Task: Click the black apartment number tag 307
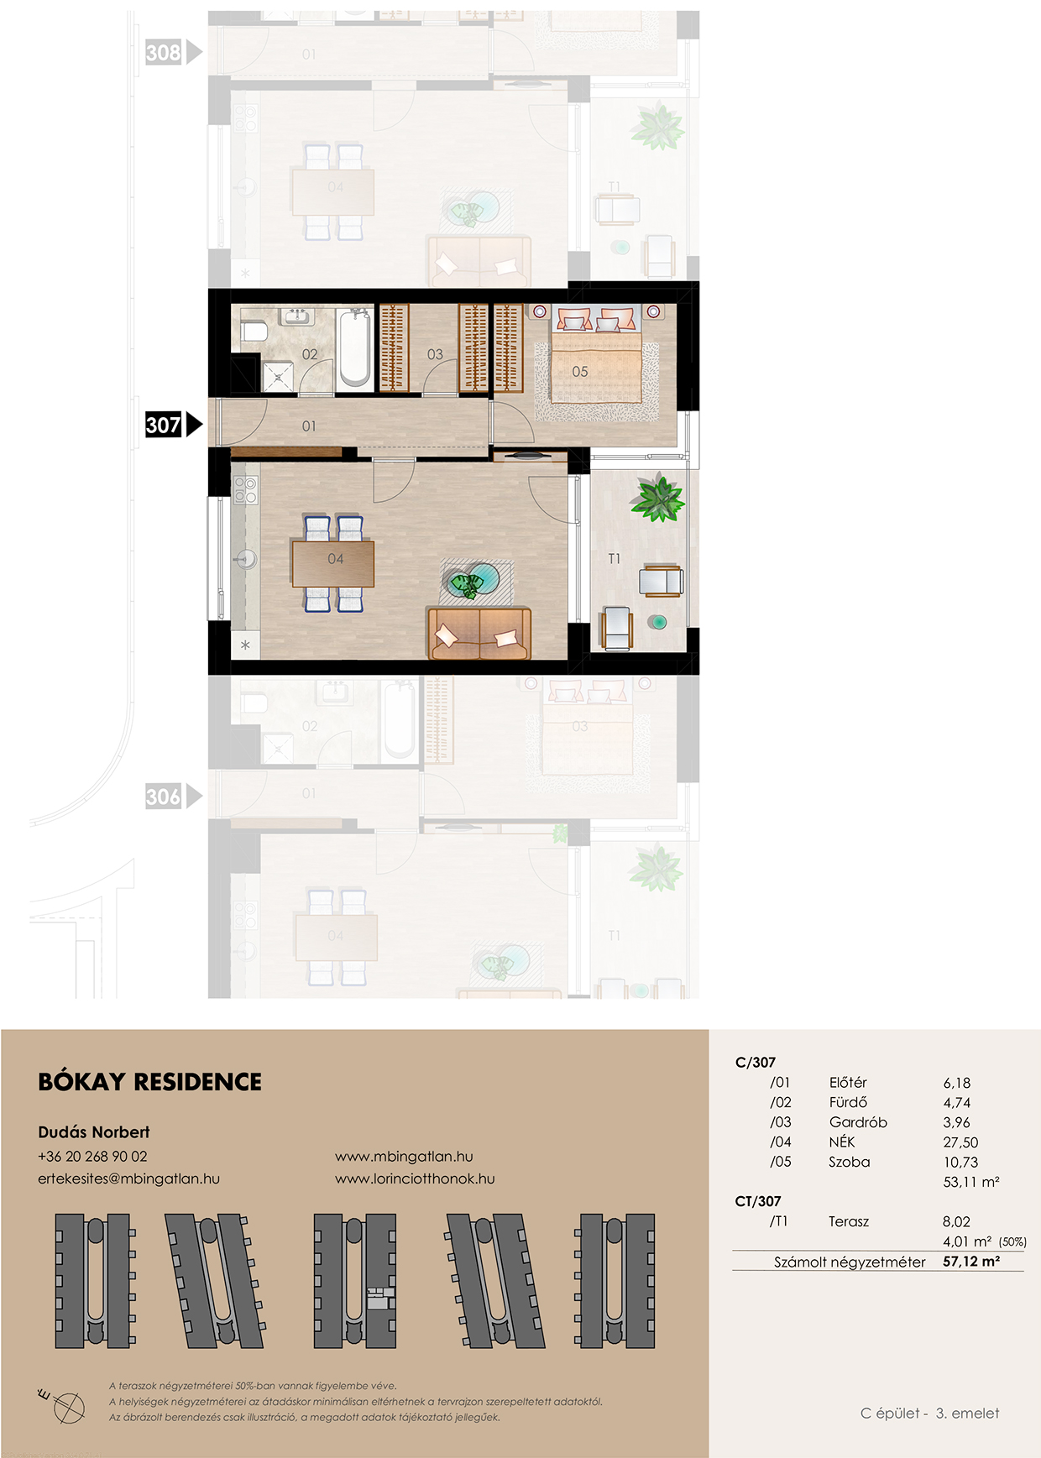pyautogui.click(x=164, y=425)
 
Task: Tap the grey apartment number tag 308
pyautogui.click(x=164, y=53)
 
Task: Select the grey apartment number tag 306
pyautogui.click(x=164, y=797)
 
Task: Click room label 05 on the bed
pyautogui.click(x=580, y=372)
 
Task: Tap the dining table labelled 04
pyautogui.click(x=333, y=563)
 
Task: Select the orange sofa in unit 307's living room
pyautogui.click(x=479, y=633)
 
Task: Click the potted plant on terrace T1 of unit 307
pyautogui.click(x=658, y=499)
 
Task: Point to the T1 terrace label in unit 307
pyautogui.click(x=615, y=559)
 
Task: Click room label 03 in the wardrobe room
pyautogui.click(x=435, y=355)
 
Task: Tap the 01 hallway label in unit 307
pyautogui.click(x=309, y=426)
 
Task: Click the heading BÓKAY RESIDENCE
pyautogui.click(x=150, y=1082)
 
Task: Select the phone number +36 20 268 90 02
pyautogui.click(x=92, y=1157)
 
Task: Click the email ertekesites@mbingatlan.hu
pyautogui.click(x=128, y=1178)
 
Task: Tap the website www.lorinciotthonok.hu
pyautogui.click(x=415, y=1178)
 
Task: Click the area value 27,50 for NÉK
pyautogui.click(x=960, y=1142)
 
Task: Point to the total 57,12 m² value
pyautogui.click(x=971, y=1262)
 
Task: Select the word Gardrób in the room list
pyautogui.click(x=858, y=1122)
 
